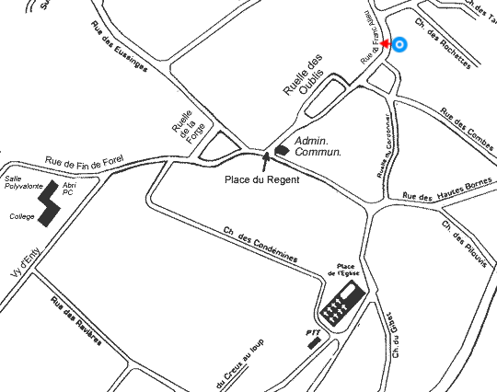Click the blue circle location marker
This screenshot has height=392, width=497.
400,44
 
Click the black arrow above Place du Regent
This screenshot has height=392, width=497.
267,161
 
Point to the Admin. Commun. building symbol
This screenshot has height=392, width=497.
281,150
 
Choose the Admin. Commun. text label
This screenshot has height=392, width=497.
318,146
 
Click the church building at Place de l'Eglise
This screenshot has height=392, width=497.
339,300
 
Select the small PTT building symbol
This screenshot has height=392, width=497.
315,342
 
